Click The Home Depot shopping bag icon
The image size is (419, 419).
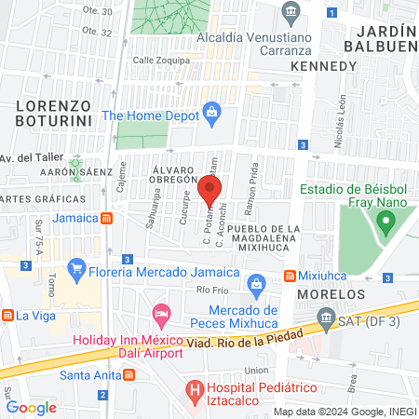[211, 115]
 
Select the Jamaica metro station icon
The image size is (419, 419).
[109, 219]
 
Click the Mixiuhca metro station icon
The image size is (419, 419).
[291, 277]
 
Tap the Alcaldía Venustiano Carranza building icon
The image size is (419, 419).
[291, 13]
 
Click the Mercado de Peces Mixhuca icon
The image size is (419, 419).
[257, 283]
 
